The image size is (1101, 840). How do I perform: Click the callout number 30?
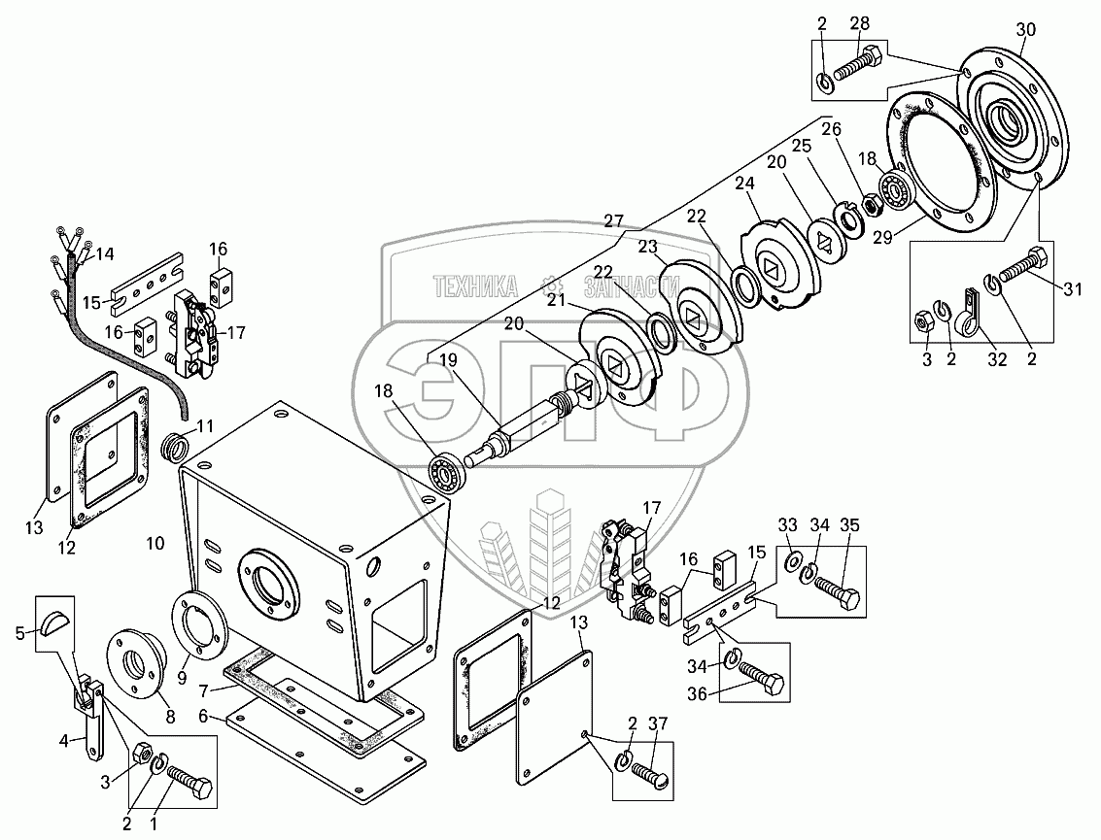click(x=1026, y=29)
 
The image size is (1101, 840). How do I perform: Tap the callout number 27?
click(x=614, y=220)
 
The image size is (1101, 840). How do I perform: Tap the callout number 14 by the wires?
click(x=104, y=254)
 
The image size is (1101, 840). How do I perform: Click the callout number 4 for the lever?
click(x=64, y=741)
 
